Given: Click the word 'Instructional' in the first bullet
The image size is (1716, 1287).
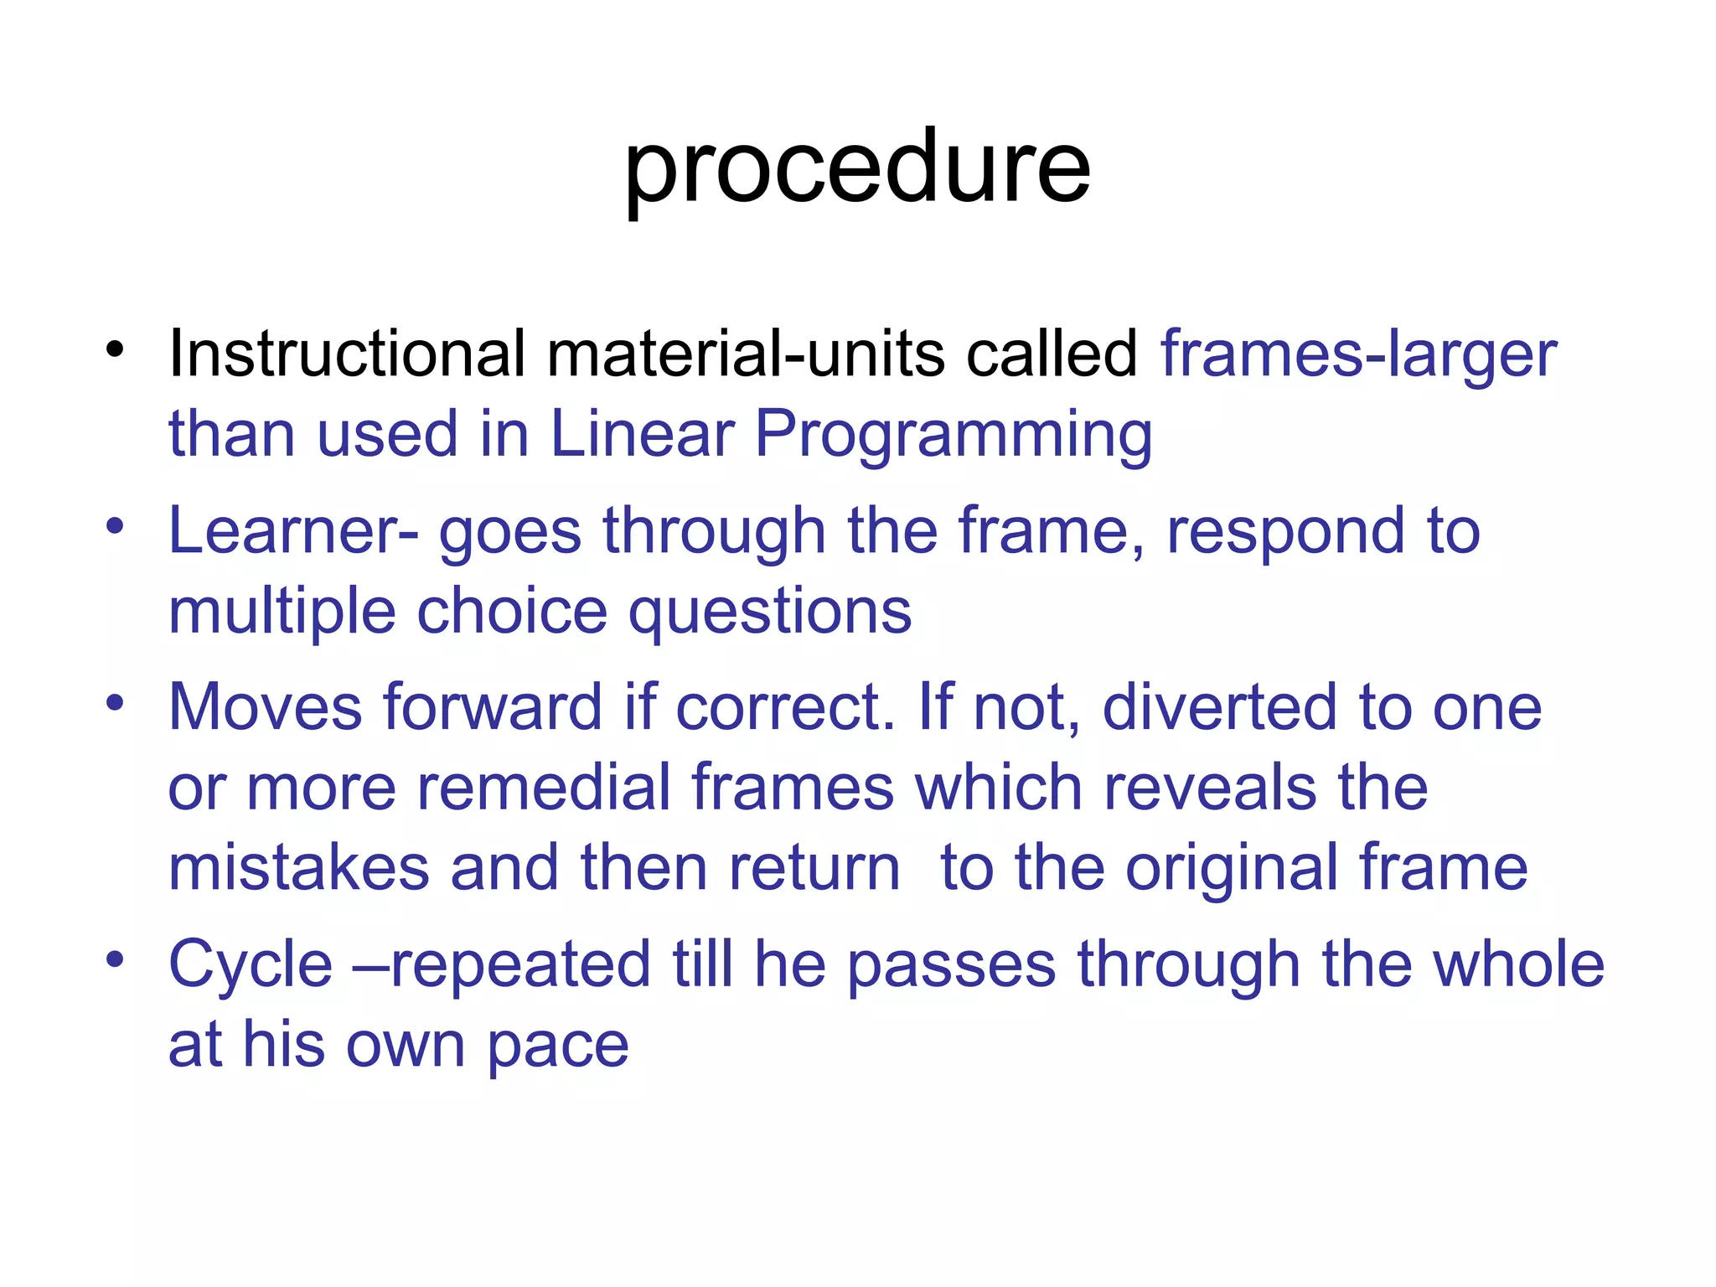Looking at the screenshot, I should (347, 354).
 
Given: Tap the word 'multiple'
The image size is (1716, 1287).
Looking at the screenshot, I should (282, 612).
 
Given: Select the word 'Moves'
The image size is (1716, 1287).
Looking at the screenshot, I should (266, 707).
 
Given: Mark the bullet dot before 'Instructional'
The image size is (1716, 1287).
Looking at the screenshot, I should (116, 349).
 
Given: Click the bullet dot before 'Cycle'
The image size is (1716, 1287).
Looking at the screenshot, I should (116, 959).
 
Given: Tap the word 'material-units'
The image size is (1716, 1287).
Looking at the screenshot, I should (745, 354).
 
